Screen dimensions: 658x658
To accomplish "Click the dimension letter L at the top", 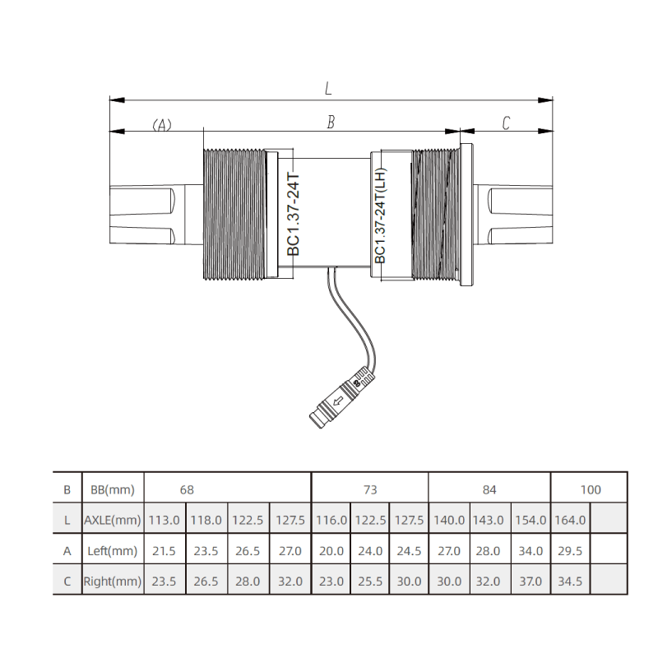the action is coord(328,88).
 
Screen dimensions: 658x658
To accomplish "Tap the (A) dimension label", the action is coord(161,125).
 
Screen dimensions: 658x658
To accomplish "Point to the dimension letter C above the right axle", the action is coord(506,123).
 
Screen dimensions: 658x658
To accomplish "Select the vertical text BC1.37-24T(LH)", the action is coord(380,215).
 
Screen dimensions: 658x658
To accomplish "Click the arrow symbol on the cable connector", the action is coord(338,401).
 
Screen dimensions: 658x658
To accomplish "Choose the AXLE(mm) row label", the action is coord(113,521).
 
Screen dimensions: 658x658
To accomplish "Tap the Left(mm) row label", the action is coord(113,551).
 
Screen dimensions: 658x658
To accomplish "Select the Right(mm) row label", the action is coord(113,582).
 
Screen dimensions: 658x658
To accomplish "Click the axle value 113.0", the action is coord(164,521).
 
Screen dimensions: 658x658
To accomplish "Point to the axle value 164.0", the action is coord(570,521).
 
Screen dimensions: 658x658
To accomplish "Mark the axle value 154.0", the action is coord(531,521).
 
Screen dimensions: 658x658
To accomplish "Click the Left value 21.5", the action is coord(164,551).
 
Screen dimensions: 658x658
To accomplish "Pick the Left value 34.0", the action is coord(531,551).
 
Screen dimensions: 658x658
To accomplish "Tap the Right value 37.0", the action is coord(531,582).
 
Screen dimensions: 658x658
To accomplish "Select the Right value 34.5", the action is coord(570,582).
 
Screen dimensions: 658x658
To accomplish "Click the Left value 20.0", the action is coord(331,551).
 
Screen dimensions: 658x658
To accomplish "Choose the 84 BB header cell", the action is coord(489,489).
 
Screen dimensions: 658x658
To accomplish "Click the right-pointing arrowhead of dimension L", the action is coord(545,100).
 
